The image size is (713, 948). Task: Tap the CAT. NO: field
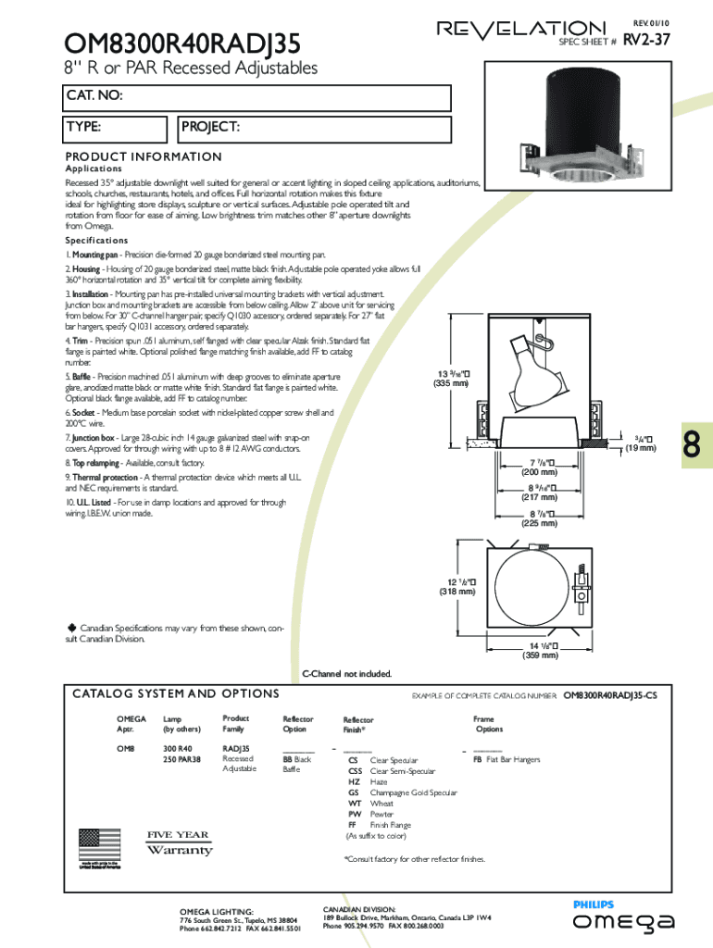(x=256, y=97)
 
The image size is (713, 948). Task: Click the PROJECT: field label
(x=211, y=127)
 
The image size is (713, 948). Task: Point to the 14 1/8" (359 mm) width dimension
(x=543, y=651)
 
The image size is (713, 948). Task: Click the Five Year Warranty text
(x=180, y=842)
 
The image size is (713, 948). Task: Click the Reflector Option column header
(x=297, y=724)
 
